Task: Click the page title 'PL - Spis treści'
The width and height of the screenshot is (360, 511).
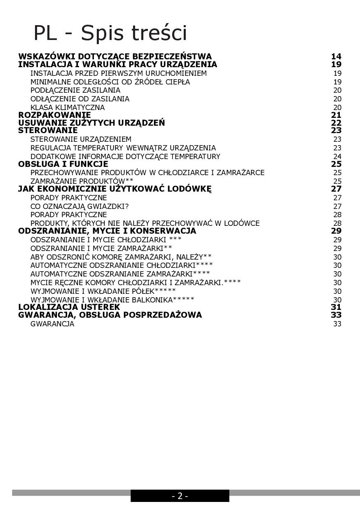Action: click(110, 33)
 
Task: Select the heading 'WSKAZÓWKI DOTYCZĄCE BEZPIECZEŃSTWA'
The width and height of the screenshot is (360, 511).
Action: click(115, 56)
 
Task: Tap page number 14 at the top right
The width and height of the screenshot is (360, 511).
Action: click(336, 56)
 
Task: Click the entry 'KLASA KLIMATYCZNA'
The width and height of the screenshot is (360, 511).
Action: click(68, 108)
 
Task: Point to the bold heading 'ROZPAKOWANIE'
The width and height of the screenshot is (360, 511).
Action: click(54, 115)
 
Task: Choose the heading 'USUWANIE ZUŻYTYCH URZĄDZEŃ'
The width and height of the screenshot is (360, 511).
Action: click(91, 123)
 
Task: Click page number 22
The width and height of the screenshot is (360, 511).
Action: click(336, 123)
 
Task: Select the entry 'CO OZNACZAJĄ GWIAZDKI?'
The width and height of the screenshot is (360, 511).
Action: click(79, 206)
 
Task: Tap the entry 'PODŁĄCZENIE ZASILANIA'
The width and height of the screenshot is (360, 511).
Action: click(75, 90)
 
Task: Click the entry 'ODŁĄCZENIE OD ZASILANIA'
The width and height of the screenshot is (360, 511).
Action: click(80, 99)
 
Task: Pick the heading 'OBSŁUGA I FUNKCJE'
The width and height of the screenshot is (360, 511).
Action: click(63, 164)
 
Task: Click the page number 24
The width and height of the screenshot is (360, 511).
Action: click(337, 157)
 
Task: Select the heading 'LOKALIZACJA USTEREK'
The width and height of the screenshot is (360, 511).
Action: click(69, 307)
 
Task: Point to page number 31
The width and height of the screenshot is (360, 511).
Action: click(336, 307)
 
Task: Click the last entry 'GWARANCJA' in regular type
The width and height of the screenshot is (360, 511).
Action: click(52, 324)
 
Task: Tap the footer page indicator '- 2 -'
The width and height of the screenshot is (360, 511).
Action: click(180, 496)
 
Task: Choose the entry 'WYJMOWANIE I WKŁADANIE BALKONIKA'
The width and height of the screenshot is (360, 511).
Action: click(112, 300)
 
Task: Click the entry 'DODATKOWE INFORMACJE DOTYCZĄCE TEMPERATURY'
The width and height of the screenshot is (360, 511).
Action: click(125, 157)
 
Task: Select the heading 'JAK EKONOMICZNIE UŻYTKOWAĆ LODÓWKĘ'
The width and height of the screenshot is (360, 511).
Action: click(115, 189)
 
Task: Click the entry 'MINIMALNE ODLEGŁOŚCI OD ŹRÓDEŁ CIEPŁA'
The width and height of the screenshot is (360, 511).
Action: click(110, 82)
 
